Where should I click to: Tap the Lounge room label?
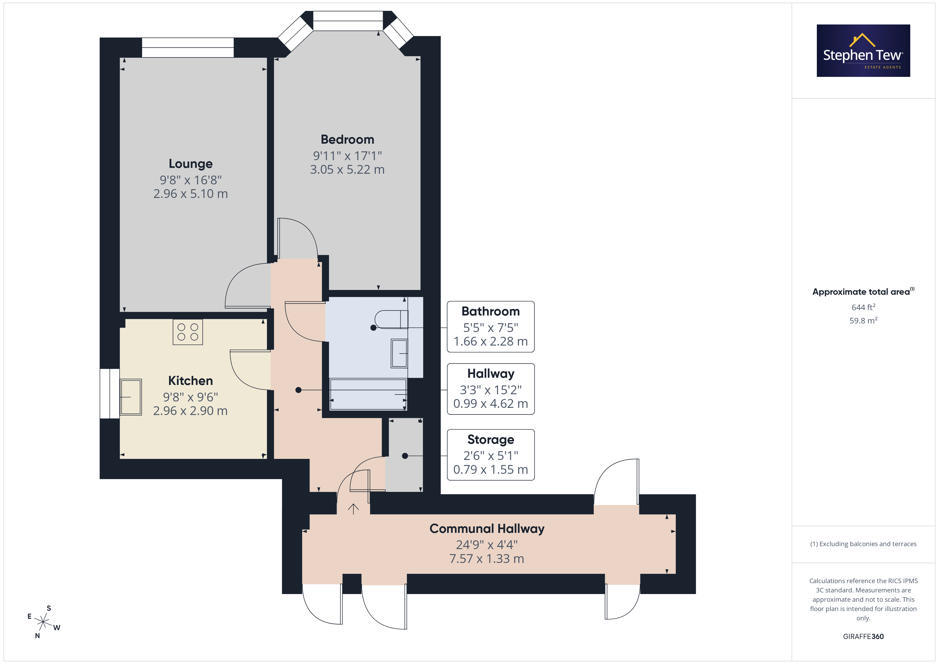tap(191, 164)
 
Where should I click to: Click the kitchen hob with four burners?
tap(188, 332)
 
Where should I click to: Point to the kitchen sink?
tap(131, 397)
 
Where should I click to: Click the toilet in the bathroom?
tap(392, 319)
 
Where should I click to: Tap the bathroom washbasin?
tap(399, 353)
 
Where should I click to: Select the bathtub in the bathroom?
tap(368, 395)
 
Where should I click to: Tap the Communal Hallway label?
tap(487, 529)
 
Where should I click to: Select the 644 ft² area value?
tap(863, 307)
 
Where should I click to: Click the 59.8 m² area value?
tap(863, 321)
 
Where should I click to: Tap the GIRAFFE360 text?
tap(863, 637)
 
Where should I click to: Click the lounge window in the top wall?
tap(188, 47)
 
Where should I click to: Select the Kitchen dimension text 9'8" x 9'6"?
tap(190, 397)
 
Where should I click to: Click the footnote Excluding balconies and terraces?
tap(863, 544)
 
